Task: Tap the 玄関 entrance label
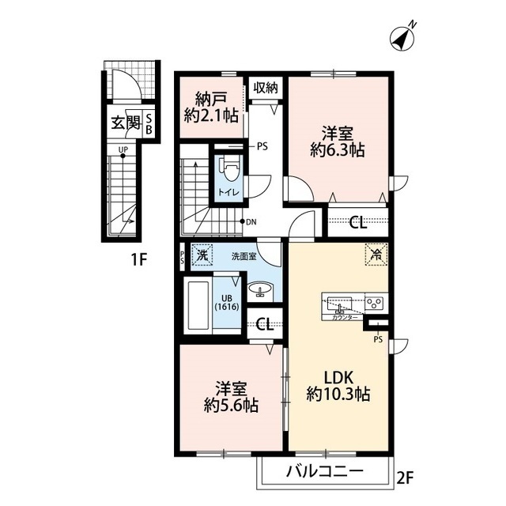(124, 123)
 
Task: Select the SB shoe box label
(149, 124)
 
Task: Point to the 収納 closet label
(266, 87)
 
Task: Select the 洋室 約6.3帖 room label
(338, 140)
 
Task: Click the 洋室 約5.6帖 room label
(231, 397)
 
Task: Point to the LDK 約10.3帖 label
(338, 383)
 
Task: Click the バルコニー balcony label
(323, 471)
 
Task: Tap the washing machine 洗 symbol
(202, 255)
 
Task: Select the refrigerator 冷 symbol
(375, 255)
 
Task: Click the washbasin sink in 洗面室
(259, 292)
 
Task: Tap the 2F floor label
(406, 477)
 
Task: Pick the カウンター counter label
(343, 315)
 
